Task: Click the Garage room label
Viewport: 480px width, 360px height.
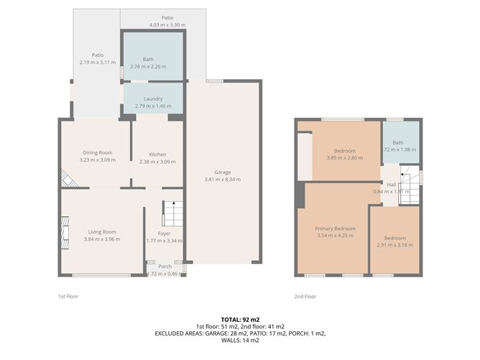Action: pyautogui.click(x=222, y=172)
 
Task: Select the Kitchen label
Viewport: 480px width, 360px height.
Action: pyautogui.click(x=157, y=154)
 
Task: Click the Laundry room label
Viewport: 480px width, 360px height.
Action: pyautogui.click(x=153, y=98)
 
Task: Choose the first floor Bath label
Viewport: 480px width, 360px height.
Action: pyautogui.click(x=148, y=59)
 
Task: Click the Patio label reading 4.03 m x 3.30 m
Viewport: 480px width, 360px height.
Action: pyautogui.click(x=167, y=25)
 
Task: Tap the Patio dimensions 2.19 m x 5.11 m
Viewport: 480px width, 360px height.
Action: pyautogui.click(x=97, y=63)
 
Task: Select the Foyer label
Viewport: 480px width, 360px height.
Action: pyautogui.click(x=164, y=233)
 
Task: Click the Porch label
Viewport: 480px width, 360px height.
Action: pyautogui.click(x=165, y=266)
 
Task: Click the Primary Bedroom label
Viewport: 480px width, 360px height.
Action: pyautogui.click(x=335, y=228)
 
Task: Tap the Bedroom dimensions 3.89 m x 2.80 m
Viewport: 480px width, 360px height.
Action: pyautogui.click(x=341, y=158)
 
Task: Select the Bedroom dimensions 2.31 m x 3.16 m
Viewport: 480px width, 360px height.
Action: pyautogui.click(x=394, y=245)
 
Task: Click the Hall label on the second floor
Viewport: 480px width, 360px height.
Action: pyautogui.click(x=392, y=185)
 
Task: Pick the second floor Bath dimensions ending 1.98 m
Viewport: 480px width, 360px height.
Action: pyautogui.click(x=400, y=149)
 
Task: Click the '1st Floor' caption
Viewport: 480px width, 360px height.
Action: pyautogui.click(x=68, y=295)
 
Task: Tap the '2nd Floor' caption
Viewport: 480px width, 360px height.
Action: pyautogui.click(x=305, y=295)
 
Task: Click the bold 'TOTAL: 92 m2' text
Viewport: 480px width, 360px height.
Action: pyautogui.click(x=239, y=319)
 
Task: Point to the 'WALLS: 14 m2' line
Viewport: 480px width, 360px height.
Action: pyautogui.click(x=239, y=340)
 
